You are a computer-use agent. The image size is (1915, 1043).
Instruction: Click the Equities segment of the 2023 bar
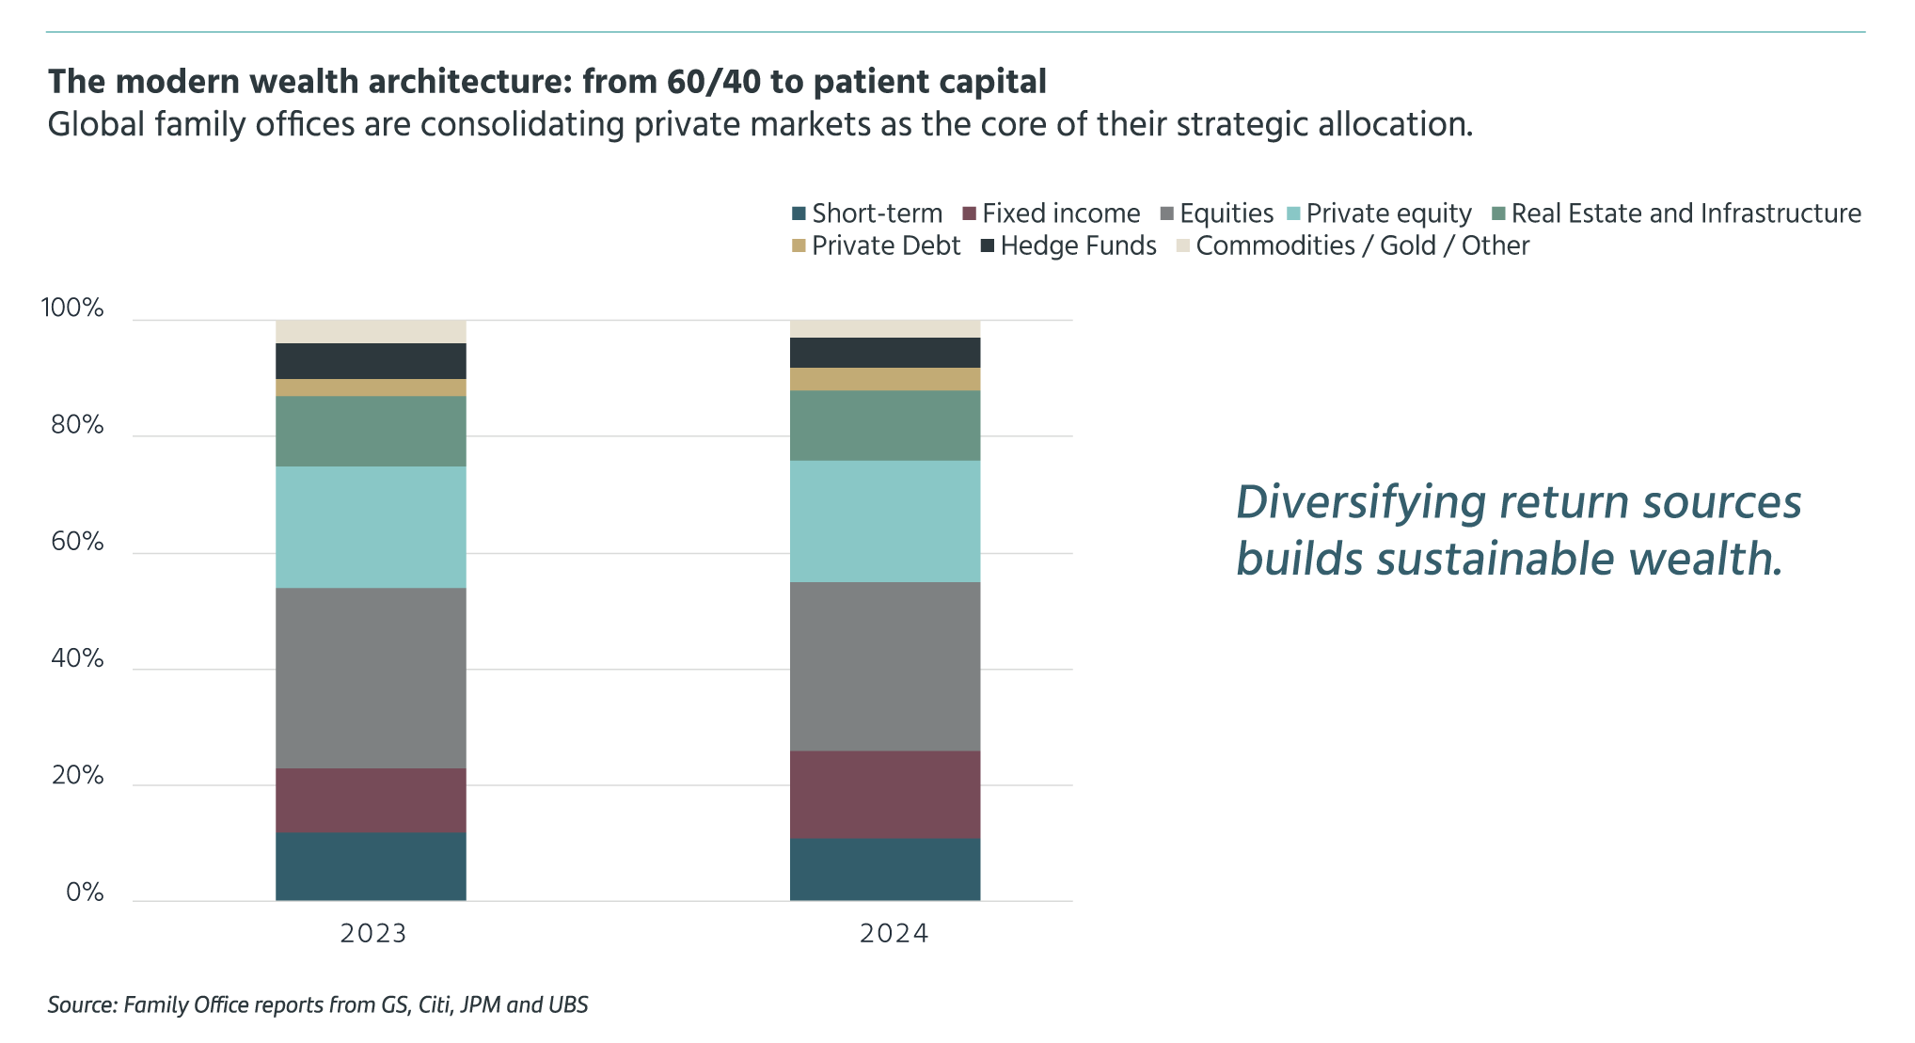point(371,677)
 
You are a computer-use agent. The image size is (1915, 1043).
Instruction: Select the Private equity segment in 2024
point(884,521)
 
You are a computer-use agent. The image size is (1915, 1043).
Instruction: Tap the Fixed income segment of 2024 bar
point(884,794)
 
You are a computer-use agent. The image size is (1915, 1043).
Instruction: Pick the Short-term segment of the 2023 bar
point(371,866)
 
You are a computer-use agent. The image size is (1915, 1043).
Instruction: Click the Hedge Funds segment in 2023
point(371,361)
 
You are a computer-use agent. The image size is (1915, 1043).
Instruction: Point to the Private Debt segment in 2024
point(884,379)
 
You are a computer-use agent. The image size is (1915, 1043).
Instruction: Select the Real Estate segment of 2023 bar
point(371,431)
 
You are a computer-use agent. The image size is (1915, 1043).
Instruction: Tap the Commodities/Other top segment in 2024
point(884,328)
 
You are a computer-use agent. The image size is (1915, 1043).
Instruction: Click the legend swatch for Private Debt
point(799,245)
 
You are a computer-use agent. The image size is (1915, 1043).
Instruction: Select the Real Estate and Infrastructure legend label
point(1686,213)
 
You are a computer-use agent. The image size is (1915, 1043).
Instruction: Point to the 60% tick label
point(77,542)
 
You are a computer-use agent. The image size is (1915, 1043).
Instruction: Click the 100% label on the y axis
point(72,308)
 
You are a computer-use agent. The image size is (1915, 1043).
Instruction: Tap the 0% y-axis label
point(85,893)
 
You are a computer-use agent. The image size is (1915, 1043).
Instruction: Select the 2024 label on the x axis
point(894,933)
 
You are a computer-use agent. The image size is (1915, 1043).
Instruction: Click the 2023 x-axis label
point(373,933)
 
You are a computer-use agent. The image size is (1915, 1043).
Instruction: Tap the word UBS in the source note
point(568,1004)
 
